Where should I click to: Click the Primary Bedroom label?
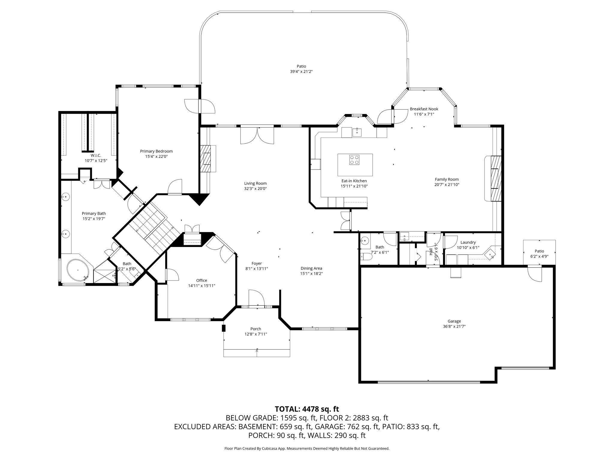point(156,151)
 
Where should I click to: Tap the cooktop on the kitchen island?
point(354,159)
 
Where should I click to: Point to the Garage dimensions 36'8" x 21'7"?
point(454,327)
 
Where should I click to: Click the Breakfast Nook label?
point(424,109)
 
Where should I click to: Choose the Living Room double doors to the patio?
point(257,135)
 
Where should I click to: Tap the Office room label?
point(201,281)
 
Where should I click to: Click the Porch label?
point(256,329)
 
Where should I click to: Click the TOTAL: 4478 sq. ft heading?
point(307,409)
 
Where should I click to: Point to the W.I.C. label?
point(96,155)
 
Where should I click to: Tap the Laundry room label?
point(468,243)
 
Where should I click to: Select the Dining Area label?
point(311,268)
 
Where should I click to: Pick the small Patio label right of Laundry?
point(539,251)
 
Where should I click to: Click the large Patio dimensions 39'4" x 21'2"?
point(301,71)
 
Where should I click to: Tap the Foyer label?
point(257,264)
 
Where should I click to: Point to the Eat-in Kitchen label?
point(354,181)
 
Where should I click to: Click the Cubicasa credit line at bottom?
point(307,449)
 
